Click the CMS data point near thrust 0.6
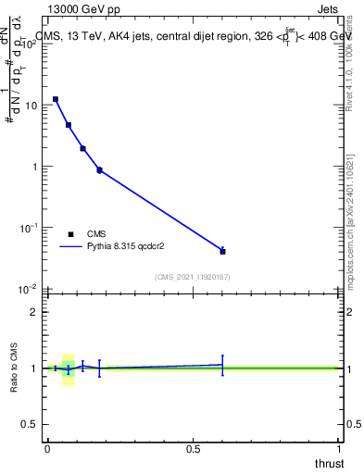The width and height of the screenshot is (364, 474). point(222,251)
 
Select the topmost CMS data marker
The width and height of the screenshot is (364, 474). point(56,99)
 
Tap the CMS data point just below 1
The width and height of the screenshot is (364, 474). point(99,170)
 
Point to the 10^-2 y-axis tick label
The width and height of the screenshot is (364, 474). point(28,289)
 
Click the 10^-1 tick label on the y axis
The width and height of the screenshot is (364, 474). point(28,228)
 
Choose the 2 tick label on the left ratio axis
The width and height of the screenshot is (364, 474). point(33,312)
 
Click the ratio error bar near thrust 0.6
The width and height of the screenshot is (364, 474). point(222,365)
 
